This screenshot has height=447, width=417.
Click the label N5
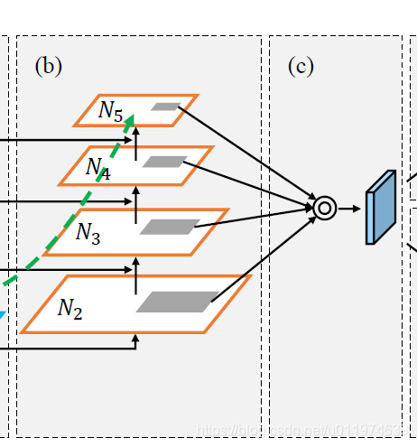pos(111,111)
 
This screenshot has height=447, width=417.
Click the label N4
pos(97,167)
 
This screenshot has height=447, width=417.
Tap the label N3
pos(88,233)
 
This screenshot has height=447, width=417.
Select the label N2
pos(70,309)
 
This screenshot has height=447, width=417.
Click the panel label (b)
pos(48,66)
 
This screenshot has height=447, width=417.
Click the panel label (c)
pos(301,66)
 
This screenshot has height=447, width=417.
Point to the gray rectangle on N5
pos(165,107)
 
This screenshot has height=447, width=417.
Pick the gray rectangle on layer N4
pos(164,162)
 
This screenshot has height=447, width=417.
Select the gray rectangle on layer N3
pos(170,227)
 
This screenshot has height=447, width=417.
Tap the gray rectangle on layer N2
pos(177,303)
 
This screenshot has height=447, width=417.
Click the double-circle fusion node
pos(324,208)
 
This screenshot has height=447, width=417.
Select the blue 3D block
pos(380,208)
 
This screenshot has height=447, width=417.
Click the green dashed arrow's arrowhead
pos(130,119)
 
